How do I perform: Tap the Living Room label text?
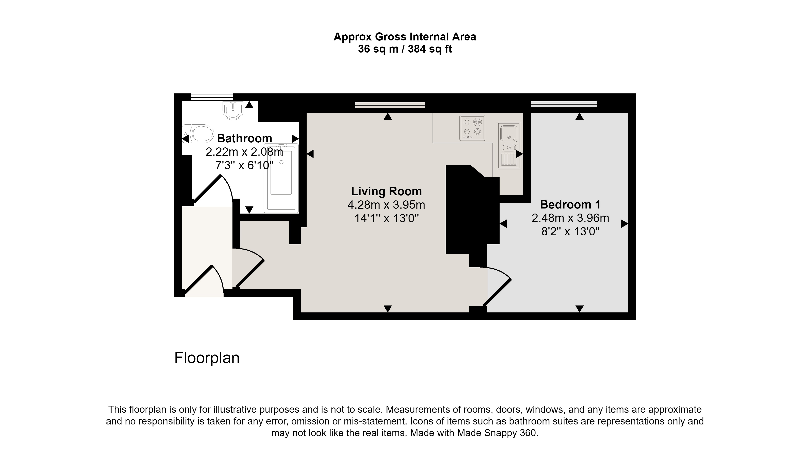386,191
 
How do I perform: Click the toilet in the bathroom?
198,134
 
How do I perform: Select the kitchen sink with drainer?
509,145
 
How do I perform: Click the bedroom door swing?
498,286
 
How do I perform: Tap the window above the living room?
390,105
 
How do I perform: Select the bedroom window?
564,104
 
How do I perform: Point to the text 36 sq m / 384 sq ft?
405,49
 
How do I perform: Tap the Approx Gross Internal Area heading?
405,37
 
